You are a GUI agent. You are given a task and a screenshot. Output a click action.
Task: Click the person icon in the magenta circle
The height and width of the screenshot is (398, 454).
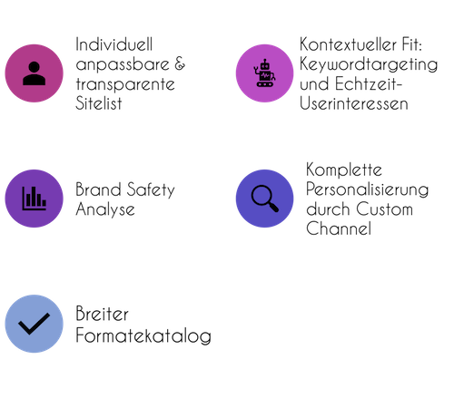pos(35,73)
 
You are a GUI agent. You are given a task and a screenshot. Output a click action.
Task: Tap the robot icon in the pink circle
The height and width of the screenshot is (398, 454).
pos(264,73)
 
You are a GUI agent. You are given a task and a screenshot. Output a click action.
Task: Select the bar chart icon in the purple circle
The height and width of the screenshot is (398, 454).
pos(35,199)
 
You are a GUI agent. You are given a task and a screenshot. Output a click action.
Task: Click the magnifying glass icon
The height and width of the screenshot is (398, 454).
pos(265,199)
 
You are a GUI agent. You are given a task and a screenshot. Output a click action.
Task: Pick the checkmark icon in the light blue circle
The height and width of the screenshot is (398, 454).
pos(35,324)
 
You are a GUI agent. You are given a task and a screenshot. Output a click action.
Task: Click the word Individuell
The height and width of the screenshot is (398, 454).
pos(114,44)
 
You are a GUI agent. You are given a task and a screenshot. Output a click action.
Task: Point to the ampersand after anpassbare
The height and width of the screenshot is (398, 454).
pos(180,63)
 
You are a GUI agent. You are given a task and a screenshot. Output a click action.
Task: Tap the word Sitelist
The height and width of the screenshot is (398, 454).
pos(99,103)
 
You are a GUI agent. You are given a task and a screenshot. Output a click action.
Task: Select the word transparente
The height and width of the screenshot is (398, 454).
pos(125,84)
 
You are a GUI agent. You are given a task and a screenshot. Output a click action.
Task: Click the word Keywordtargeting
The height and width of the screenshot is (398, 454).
pos(369,64)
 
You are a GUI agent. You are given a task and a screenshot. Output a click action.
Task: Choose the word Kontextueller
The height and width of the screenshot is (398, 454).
pos(348,44)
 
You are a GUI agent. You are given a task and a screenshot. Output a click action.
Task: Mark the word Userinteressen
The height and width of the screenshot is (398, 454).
pos(354,103)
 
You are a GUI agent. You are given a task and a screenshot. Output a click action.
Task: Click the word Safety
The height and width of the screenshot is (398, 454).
pos(151,190)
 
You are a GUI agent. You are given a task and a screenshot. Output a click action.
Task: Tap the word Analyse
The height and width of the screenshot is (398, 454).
pos(105,209)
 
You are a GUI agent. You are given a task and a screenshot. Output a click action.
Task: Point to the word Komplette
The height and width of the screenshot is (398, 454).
pos(344,170)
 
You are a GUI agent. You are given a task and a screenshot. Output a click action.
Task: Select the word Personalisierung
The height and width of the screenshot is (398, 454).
pos(367,189)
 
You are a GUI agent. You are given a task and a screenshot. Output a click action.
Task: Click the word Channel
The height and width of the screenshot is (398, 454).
pos(339,228)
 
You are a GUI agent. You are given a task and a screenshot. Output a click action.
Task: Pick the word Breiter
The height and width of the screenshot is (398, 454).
pos(102,314)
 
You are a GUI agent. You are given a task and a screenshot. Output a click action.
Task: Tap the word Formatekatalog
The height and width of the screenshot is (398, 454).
pos(143,336)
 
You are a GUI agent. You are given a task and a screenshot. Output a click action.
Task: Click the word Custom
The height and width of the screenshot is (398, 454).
pos(384,209)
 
